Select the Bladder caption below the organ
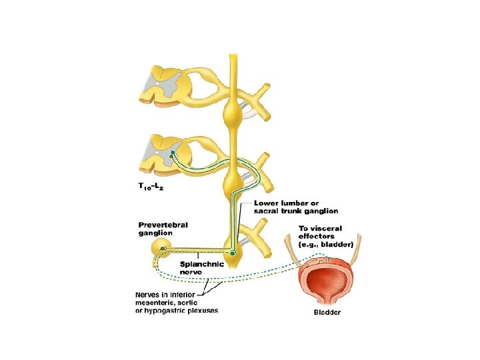(327, 313)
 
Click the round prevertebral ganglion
(161, 250)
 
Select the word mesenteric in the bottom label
(157, 302)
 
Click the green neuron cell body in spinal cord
(172, 153)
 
